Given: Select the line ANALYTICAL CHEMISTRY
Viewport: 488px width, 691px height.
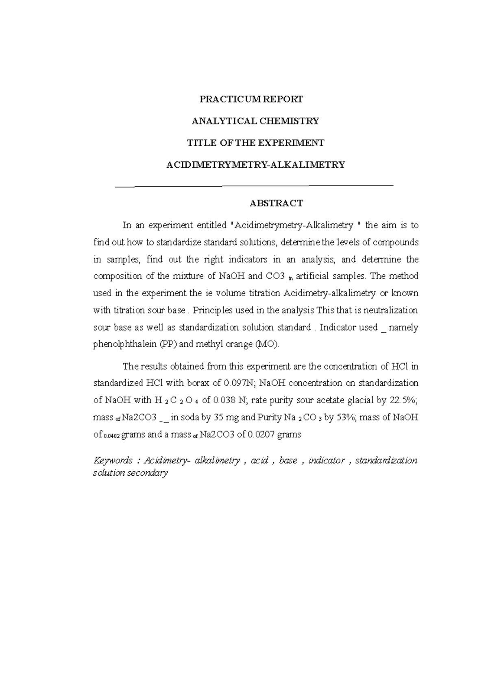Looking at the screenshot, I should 255,121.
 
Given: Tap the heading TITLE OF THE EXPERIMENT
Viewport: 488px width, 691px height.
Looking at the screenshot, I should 255,143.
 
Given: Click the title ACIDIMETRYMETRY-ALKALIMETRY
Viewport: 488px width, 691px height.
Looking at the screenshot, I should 255,165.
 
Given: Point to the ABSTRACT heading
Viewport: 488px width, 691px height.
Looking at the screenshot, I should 276,203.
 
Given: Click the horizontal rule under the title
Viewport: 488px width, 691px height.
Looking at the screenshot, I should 255,186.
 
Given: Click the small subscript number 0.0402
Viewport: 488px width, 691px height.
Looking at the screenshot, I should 112,436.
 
